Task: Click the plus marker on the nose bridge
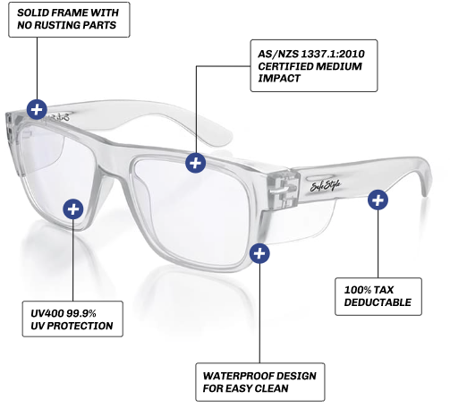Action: (195, 163)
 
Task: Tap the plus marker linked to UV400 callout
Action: (73, 209)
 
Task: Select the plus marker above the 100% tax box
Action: (378, 200)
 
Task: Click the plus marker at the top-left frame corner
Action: (37, 109)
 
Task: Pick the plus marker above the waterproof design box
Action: (259, 253)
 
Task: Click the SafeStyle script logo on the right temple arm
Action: (326, 186)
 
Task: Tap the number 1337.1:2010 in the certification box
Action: (333, 54)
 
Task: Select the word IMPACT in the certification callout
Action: (279, 79)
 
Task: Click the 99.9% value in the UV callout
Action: (81, 313)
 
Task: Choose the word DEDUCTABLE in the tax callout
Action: (378, 302)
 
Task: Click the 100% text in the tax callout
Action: (358, 290)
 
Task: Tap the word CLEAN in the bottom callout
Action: (271, 388)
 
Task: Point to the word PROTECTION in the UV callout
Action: (80, 326)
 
